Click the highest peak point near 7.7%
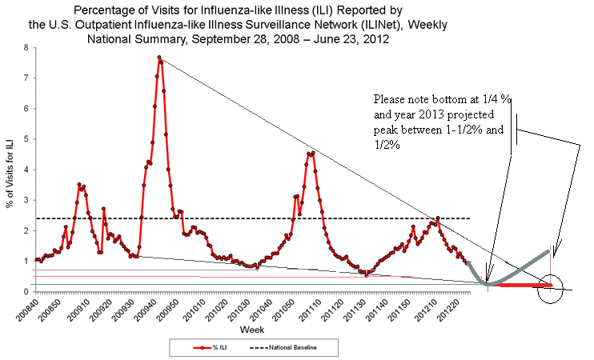159,58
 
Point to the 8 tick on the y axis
26,48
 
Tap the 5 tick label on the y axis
26,139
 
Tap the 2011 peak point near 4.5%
312,152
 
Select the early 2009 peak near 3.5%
79,185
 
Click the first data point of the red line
36,259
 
